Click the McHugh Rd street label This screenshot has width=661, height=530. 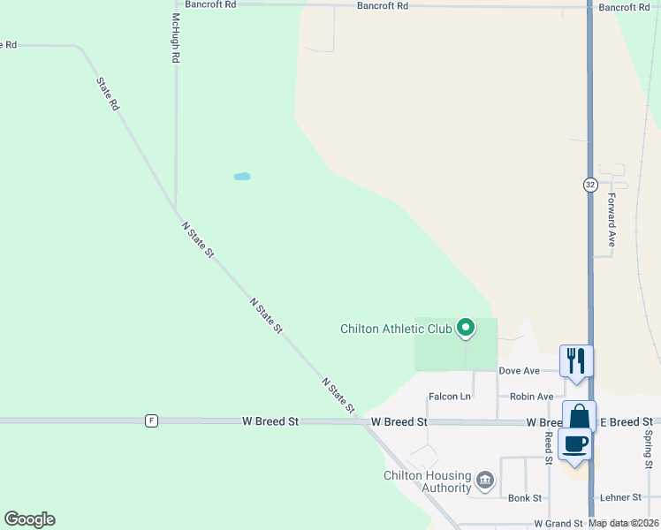pyautogui.click(x=176, y=38)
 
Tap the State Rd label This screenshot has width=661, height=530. pyautogui.click(x=108, y=92)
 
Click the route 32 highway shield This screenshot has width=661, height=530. pyautogui.click(x=590, y=185)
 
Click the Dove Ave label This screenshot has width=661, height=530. pyautogui.click(x=519, y=371)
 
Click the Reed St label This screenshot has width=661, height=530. pyautogui.click(x=549, y=448)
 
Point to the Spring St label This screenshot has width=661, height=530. pyautogui.click(x=648, y=450)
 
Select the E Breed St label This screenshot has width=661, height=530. pyautogui.click(x=627, y=422)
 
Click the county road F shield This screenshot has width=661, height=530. pyautogui.click(x=152, y=421)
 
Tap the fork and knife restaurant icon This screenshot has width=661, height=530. pyautogui.click(x=575, y=360)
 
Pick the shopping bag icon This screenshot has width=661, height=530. pyautogui.click(x=579, y=415)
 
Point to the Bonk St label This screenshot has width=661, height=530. pyautogui.click(x=525, y=498)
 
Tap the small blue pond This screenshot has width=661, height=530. pyautogui.click(x=241, y=177)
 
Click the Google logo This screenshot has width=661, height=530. pyautogui.click(x=29, y=519)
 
